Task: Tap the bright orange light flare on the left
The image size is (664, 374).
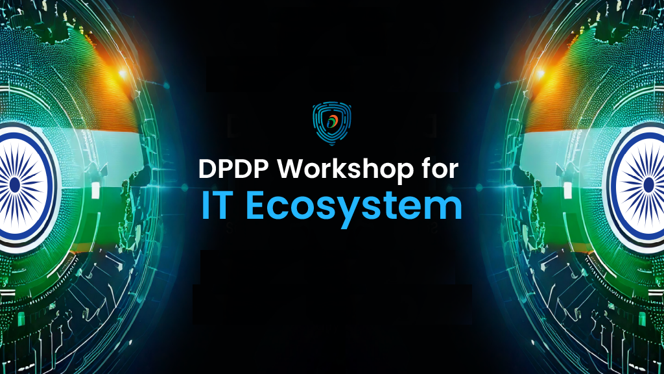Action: [x=121, y=73]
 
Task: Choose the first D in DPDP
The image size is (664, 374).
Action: [x=207, y=171]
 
